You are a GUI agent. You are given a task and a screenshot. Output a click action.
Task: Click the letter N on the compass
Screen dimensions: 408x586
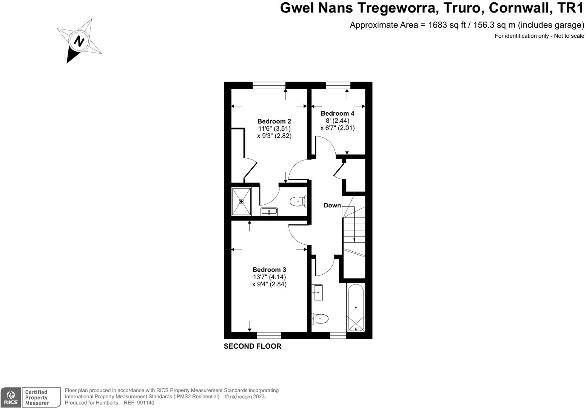coord(79,40)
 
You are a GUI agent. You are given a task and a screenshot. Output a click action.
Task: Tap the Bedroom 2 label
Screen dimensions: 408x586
coord(274,121)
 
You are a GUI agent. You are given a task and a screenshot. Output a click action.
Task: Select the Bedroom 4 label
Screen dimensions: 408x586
coord(338,113)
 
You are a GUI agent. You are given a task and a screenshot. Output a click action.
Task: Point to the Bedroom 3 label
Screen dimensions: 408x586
coord(269,270)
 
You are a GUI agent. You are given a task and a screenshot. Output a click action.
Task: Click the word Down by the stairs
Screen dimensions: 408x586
coord(332,206)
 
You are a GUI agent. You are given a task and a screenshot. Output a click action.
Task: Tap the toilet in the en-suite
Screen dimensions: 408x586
coord(298,202)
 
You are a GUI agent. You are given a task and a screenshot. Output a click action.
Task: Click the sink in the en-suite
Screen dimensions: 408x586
coord(269,212)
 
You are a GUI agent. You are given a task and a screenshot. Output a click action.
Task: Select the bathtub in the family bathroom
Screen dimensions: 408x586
coord(356,308)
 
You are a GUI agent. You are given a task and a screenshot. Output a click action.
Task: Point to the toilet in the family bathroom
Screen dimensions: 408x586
coord(320,319)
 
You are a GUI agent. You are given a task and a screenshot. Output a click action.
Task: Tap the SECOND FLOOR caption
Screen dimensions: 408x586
coord(252,346)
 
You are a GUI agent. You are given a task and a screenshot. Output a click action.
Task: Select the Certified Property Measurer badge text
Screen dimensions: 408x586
coord(37,398)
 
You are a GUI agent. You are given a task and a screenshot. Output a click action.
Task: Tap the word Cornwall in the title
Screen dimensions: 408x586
coord(519,8)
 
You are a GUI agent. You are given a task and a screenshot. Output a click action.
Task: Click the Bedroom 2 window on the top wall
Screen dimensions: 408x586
coord(269,85)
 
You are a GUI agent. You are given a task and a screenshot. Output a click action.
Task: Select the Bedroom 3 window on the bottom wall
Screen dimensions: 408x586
coord(269,335)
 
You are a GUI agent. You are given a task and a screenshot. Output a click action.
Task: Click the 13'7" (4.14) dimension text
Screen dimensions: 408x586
coord(269,277)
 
